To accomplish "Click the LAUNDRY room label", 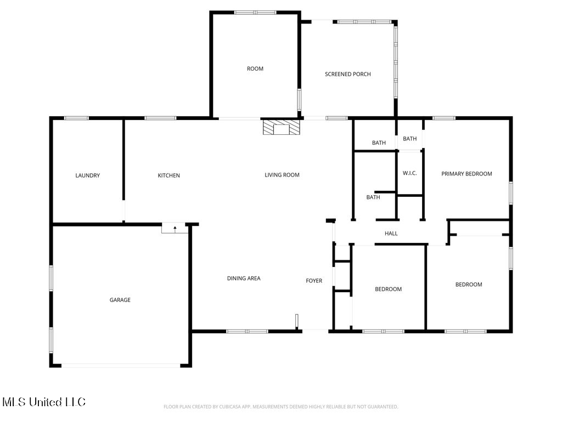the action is [87, 175].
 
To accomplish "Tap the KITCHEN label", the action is [169, 175].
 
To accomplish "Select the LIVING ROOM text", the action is [282, 175].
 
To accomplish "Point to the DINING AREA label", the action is [244, 278].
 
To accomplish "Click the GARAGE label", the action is [120, 300].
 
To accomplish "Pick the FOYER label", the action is [314, 281].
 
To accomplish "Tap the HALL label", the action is [391, 234].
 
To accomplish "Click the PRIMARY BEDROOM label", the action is [467, 174].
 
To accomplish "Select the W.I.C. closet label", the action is [409, 173].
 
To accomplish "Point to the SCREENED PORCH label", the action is [347, 74].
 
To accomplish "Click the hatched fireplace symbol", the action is [282, 127].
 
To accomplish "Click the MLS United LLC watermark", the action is [44, 402].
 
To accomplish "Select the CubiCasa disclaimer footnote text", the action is [280, 407].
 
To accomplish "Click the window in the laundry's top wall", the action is [76, 118].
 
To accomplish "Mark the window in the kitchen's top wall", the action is [160, 118].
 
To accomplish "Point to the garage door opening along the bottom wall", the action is [121, 366].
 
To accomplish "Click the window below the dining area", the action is [247, 331].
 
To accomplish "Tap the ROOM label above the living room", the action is [255, 69].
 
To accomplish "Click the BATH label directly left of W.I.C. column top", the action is [379, 143].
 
